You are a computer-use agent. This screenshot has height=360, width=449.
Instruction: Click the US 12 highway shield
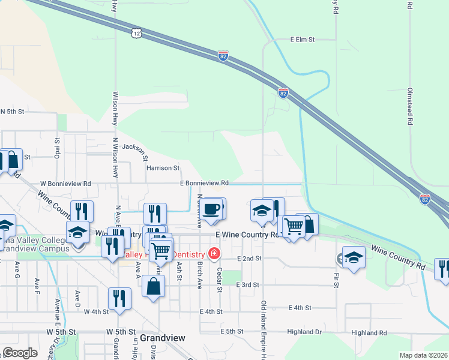coord(137,32)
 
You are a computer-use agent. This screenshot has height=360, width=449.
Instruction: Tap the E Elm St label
coord(303,40)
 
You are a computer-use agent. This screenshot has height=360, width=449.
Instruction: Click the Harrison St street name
coord(163,168)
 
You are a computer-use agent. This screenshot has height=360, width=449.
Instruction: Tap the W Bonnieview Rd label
coord(65,183)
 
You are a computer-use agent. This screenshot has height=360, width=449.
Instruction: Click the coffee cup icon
coord(211,209)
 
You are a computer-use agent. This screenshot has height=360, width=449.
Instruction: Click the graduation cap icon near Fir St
coord(354,257)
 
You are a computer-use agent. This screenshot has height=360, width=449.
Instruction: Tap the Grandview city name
coord(163,338)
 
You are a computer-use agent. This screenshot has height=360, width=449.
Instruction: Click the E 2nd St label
coord(251,258)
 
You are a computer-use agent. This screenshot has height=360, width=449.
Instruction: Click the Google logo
coord(20,353)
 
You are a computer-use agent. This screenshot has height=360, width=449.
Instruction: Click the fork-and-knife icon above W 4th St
coord(119,299)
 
